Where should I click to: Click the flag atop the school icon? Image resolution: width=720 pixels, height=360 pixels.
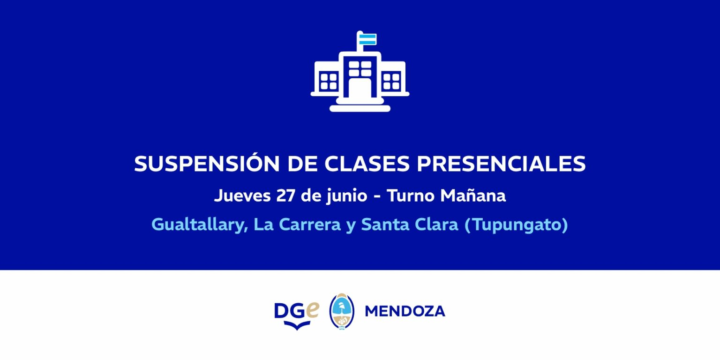[x=367, y=39]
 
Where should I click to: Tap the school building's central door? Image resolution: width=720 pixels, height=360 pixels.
[x=360, y=88]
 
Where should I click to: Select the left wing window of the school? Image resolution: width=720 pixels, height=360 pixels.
[x=329, y=81]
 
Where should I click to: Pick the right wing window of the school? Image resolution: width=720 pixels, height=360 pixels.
[x=391, y=81]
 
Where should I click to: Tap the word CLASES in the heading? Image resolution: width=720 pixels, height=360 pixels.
[x=367, y=164]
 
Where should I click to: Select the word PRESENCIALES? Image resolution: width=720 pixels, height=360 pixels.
[x=501, y=164]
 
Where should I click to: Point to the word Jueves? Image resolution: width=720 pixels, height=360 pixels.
[x=242, y=195]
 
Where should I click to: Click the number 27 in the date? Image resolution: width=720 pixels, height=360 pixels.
[x=285, y=195]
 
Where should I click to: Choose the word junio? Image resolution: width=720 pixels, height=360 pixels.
[x=347, y=195]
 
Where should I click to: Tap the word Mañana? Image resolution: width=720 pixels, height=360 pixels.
[x=473, y=195]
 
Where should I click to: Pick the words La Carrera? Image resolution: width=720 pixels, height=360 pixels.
[x=297, y=225]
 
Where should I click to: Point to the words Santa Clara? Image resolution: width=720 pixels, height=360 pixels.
[x=410, y=225]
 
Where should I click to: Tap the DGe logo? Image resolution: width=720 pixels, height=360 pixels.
[x=297, y=315]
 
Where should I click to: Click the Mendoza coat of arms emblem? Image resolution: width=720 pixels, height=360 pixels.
[x=342, y=311]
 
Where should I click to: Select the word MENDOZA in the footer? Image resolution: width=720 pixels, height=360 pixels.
[x=405, y=311]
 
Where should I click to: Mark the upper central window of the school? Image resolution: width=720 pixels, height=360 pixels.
[x=360, y=69]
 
